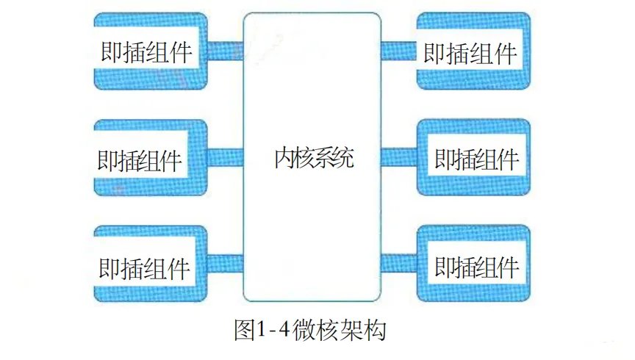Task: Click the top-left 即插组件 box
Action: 150,51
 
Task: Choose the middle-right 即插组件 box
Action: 473,158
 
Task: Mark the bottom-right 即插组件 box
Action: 473,264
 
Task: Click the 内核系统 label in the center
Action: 312,157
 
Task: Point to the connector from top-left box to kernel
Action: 225,51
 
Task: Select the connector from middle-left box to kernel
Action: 225,157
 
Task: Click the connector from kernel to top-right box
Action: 398,51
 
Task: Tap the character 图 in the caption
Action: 243,328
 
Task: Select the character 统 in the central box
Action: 343,157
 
